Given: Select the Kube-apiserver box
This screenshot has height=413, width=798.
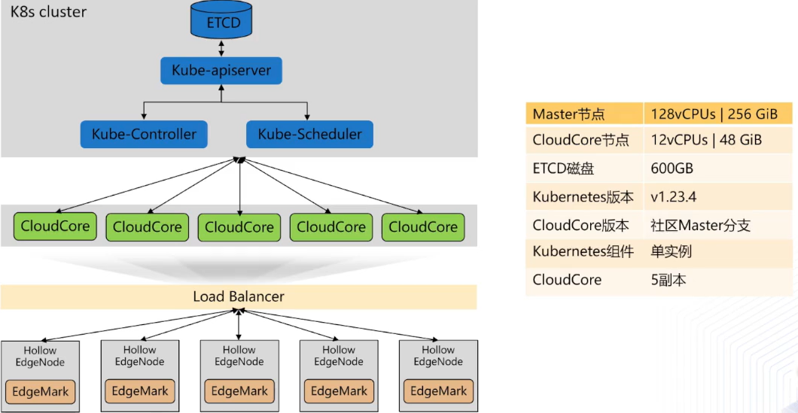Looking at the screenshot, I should point(221,71).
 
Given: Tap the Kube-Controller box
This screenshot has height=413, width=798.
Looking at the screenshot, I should point(144,135).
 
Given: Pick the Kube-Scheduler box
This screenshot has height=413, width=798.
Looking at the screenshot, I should point(309,135).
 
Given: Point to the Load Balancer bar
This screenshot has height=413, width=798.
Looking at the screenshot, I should point(239,296).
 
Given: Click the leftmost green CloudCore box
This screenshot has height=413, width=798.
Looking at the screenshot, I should point(55,226).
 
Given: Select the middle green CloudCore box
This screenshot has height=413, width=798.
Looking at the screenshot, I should point(239,226).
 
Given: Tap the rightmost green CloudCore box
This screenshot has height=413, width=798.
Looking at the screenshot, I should point(422,226).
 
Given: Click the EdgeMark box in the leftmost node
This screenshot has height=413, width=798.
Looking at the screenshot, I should point(41,391).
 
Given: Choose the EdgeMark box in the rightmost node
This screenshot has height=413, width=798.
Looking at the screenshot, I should point(438,391).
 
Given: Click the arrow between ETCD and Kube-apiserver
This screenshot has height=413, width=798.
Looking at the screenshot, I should point(221,48).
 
